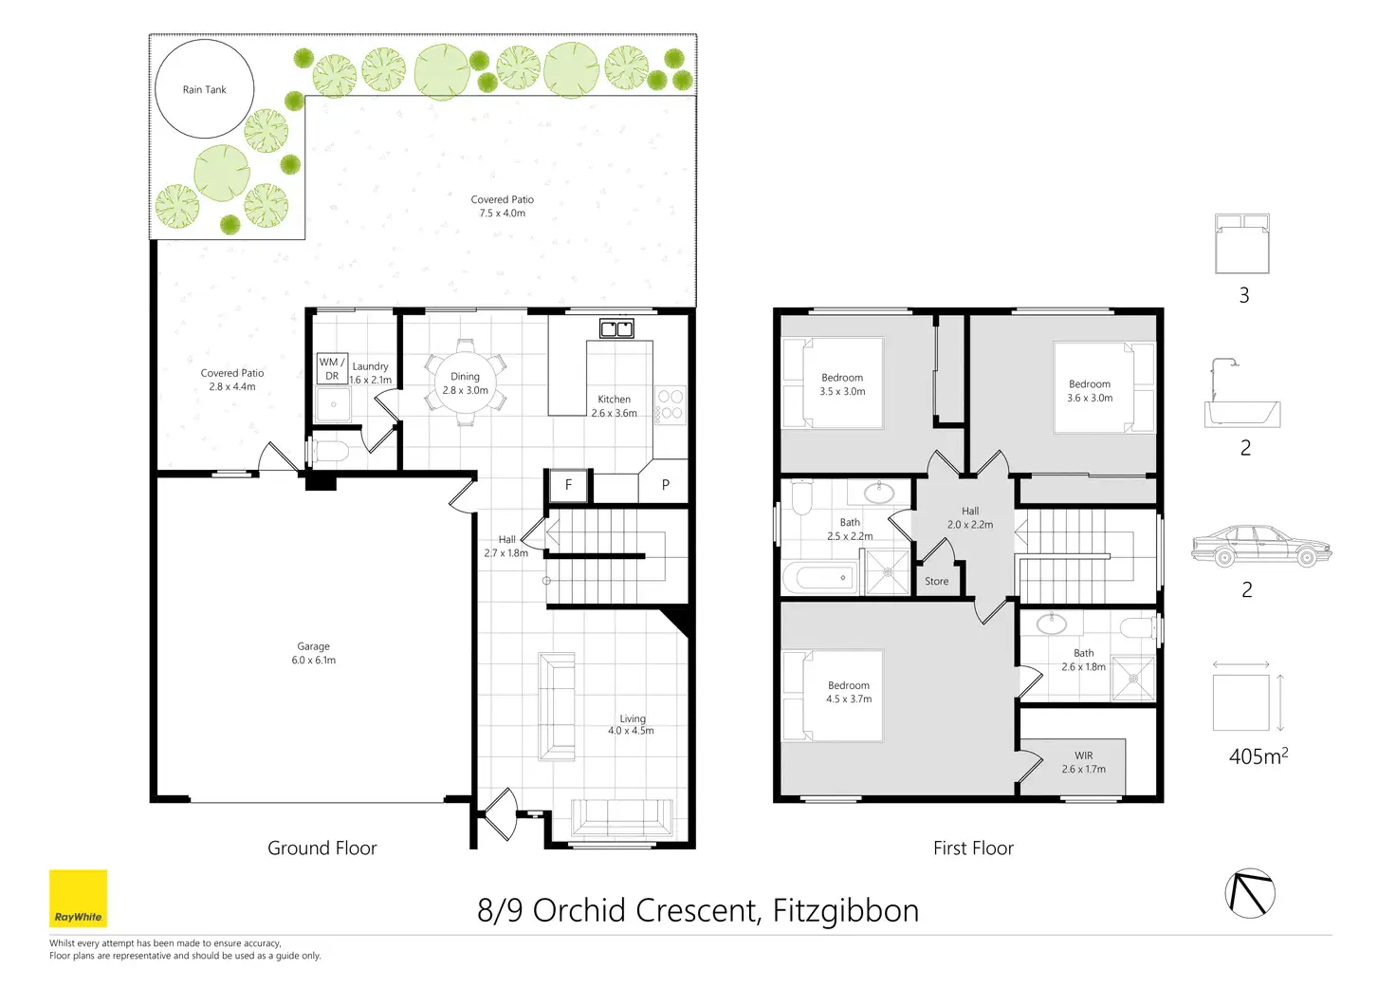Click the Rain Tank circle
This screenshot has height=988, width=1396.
point(156,89)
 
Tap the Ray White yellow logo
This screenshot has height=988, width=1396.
point(79,898)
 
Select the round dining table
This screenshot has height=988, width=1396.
point(465,382)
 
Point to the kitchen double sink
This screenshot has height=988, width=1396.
point(616,328)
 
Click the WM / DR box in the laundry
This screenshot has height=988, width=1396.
point(332,368)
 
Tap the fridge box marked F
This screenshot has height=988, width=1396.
point(568,485)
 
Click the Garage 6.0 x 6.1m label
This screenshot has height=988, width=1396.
point(314,653)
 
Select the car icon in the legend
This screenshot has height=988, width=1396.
point(1261,546)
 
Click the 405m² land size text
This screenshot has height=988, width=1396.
point(1258,756)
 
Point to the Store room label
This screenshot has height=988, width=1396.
point(937,581)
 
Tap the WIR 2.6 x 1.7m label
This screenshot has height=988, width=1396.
point(1084,762)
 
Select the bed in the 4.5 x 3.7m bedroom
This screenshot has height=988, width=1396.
point(833,696)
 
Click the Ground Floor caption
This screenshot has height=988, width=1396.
point(322,848)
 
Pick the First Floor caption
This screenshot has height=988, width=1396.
point(973,848)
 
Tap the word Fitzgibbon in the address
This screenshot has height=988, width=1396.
point(846,910)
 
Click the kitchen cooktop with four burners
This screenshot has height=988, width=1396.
point(670,405)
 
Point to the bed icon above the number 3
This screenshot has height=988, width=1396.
point(1242,244)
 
